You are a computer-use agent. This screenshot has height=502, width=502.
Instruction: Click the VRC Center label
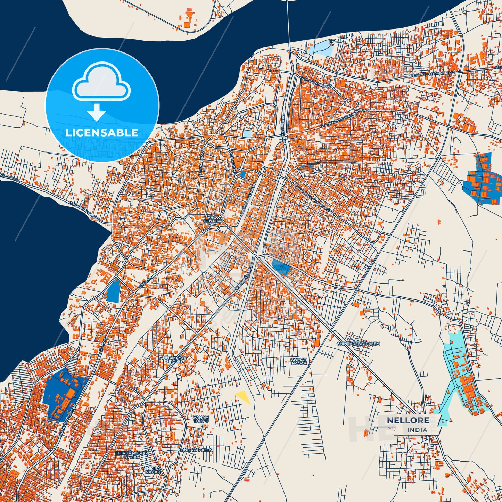tap(212, 219)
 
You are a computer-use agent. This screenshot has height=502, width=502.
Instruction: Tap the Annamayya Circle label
tap(173, 359)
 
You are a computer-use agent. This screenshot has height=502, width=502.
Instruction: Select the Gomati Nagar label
tap(299, 361)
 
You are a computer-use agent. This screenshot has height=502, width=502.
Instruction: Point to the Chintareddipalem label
tap(358, 344)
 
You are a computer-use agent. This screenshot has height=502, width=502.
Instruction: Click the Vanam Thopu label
tap(201, 419)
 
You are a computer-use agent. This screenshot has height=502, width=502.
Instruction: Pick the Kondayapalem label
tap(195, 450)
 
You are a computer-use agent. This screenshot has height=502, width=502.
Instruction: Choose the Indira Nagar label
tap(153, 470)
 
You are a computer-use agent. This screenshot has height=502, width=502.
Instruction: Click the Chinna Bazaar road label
tap(202, 163)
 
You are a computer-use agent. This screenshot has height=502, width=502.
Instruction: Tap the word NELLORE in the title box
tap(408, 420)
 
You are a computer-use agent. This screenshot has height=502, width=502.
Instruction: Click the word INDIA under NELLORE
tap(417, 430)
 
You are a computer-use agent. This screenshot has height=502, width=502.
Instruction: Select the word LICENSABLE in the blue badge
tap(102, 133)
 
